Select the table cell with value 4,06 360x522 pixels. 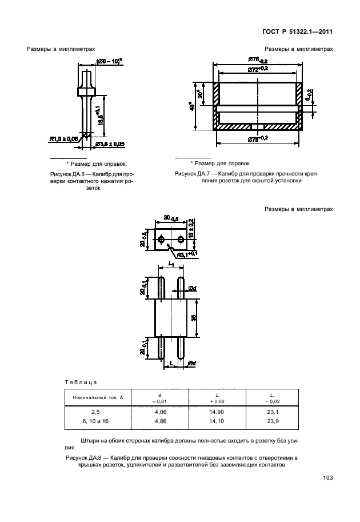pyautogui.click(x=162, y=412)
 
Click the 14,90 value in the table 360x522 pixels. pyautogui.click(x=217, y=412)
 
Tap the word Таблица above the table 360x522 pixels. pyautogui.click(x=81, y=381)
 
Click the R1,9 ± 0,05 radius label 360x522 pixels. pyautogui.click(x=64, y=138)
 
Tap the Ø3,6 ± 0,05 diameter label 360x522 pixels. pyautogui.click(x=110, y=144)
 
